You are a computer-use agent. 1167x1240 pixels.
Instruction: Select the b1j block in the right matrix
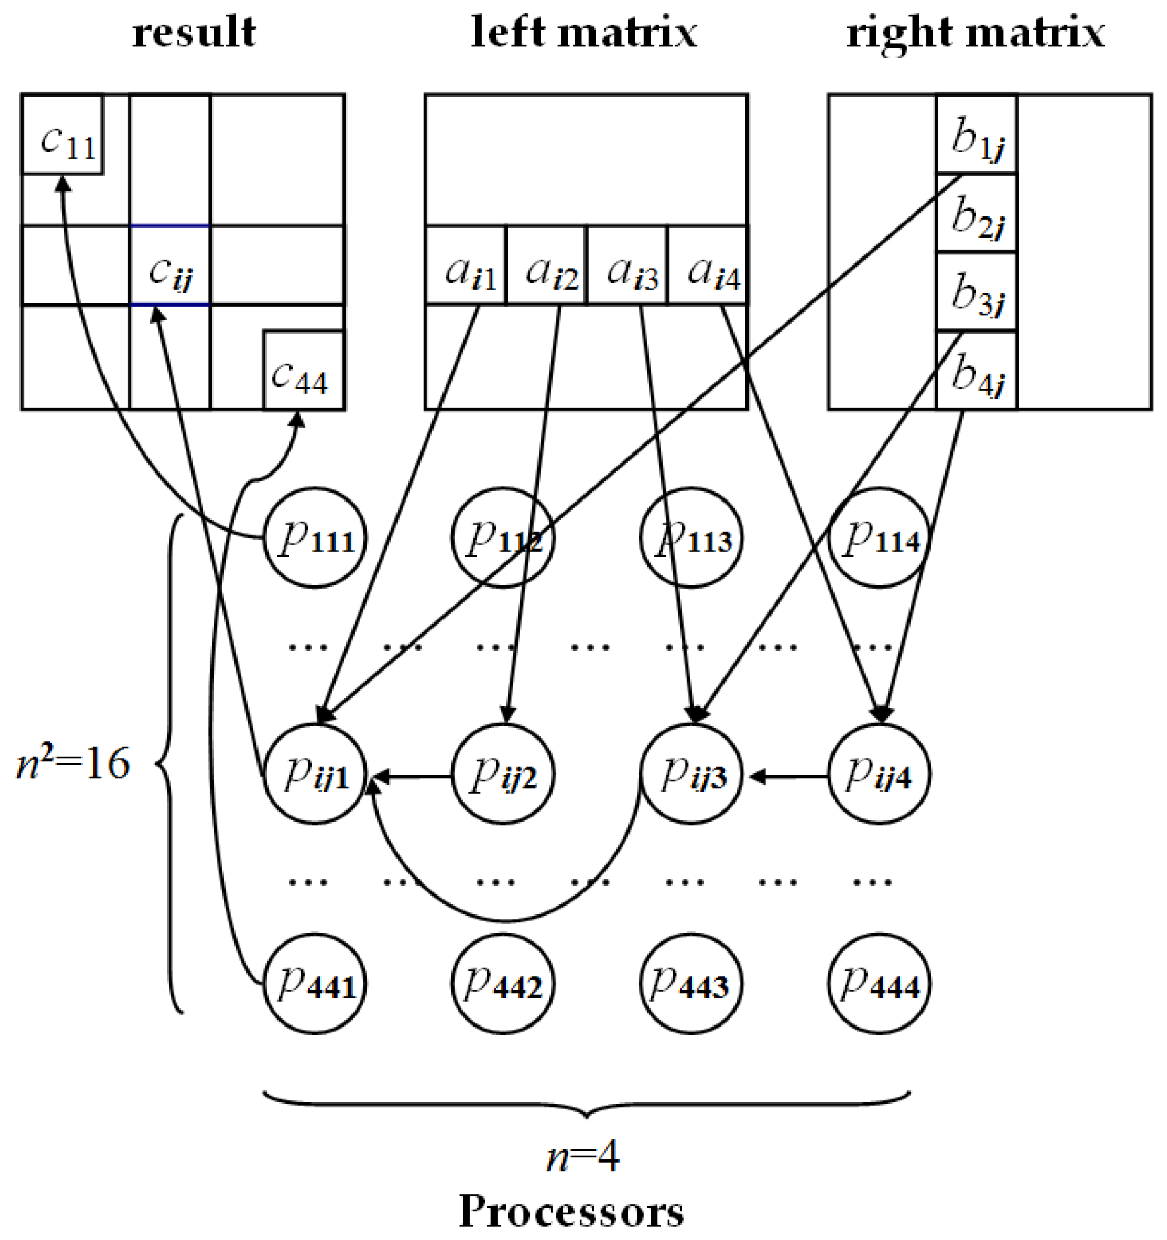pyautogui.click(x=977, y=134)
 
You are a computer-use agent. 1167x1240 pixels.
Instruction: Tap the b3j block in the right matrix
pyautogui.click(x=977, y=292)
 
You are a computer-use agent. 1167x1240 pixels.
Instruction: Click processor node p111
pyautogui.click(x=315, y=538)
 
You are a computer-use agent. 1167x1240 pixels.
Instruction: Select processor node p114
pyautogui.click(x=880, y=538)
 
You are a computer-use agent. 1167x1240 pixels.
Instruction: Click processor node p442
pyautogui.click(x=503, y=984)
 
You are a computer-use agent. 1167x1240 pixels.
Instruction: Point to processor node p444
pyautogui.click(x=879, y=984)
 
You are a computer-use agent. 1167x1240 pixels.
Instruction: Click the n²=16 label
pyautogui.click(x=73, y=763)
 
